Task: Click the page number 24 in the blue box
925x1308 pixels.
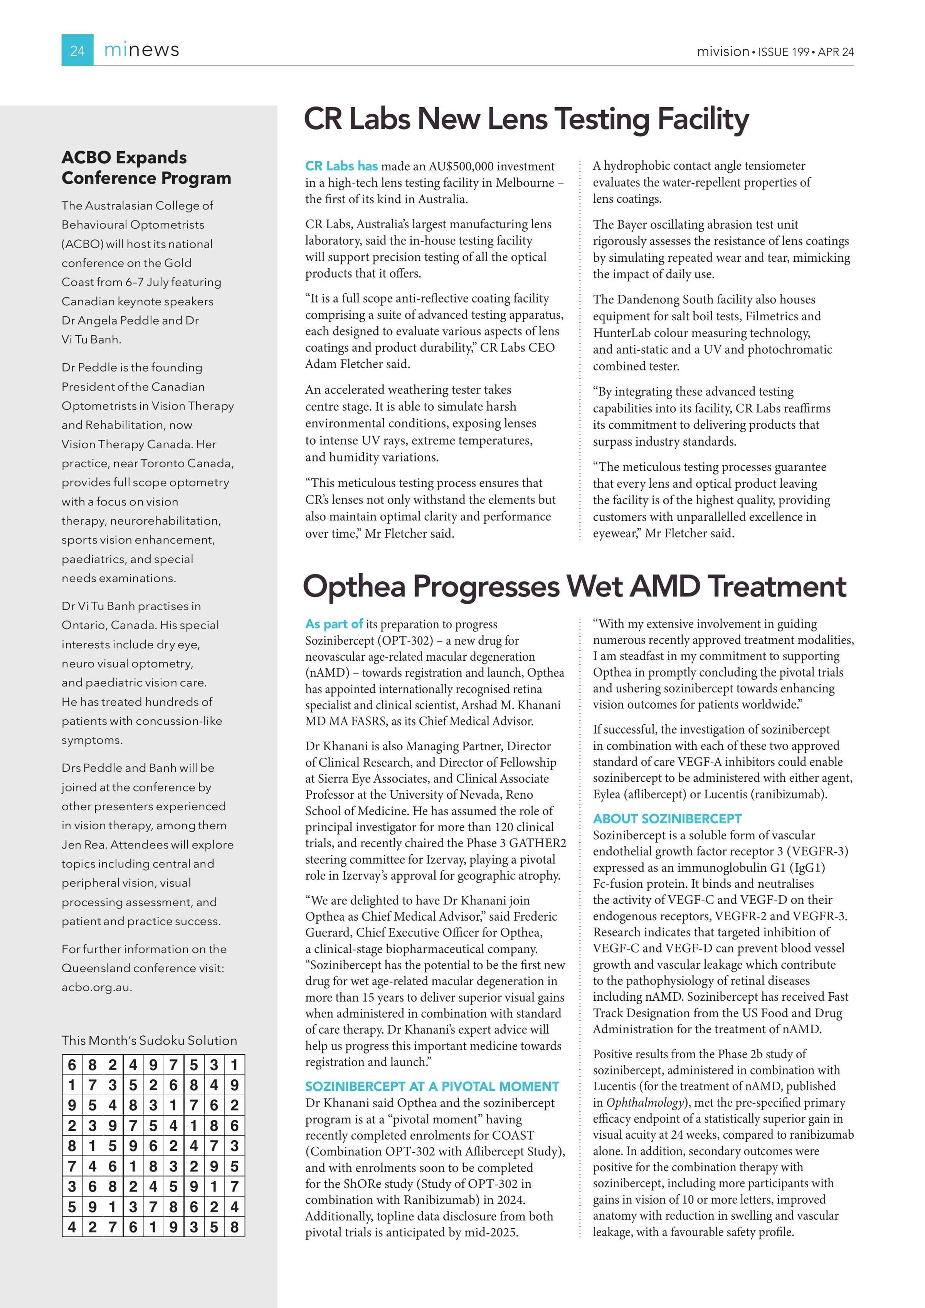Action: click(77, 51)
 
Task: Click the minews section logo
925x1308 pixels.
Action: click(141, 50)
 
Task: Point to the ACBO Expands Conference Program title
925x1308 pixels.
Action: click(146, 167)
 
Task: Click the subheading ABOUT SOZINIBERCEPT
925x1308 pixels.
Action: click(667, 819)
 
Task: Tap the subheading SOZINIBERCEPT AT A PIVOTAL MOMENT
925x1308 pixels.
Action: click(432, 1086)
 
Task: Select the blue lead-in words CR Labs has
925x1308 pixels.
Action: click(341, 166)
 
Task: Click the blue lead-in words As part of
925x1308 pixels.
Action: click(334, 624)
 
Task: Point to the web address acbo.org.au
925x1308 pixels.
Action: click(96, 987)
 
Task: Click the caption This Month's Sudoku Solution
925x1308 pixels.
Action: click(149, 1040)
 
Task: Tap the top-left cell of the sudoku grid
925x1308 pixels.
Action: click(72, 1065)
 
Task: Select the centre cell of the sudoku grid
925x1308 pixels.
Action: click(153, 1146)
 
